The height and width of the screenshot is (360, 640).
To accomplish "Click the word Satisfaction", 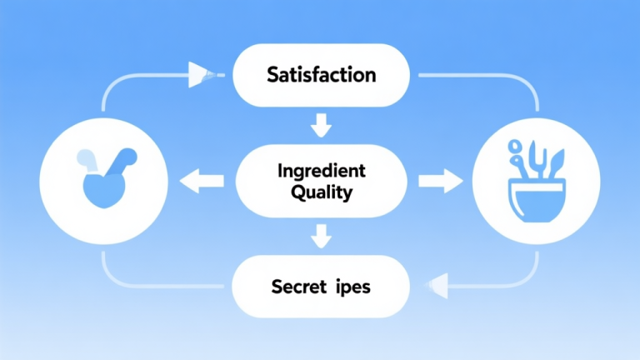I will point(322,75).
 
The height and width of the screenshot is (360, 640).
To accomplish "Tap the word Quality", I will point(321,192).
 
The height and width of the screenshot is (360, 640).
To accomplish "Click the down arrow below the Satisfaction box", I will point(320,127).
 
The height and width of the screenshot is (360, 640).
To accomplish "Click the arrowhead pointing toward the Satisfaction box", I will point(201,74).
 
